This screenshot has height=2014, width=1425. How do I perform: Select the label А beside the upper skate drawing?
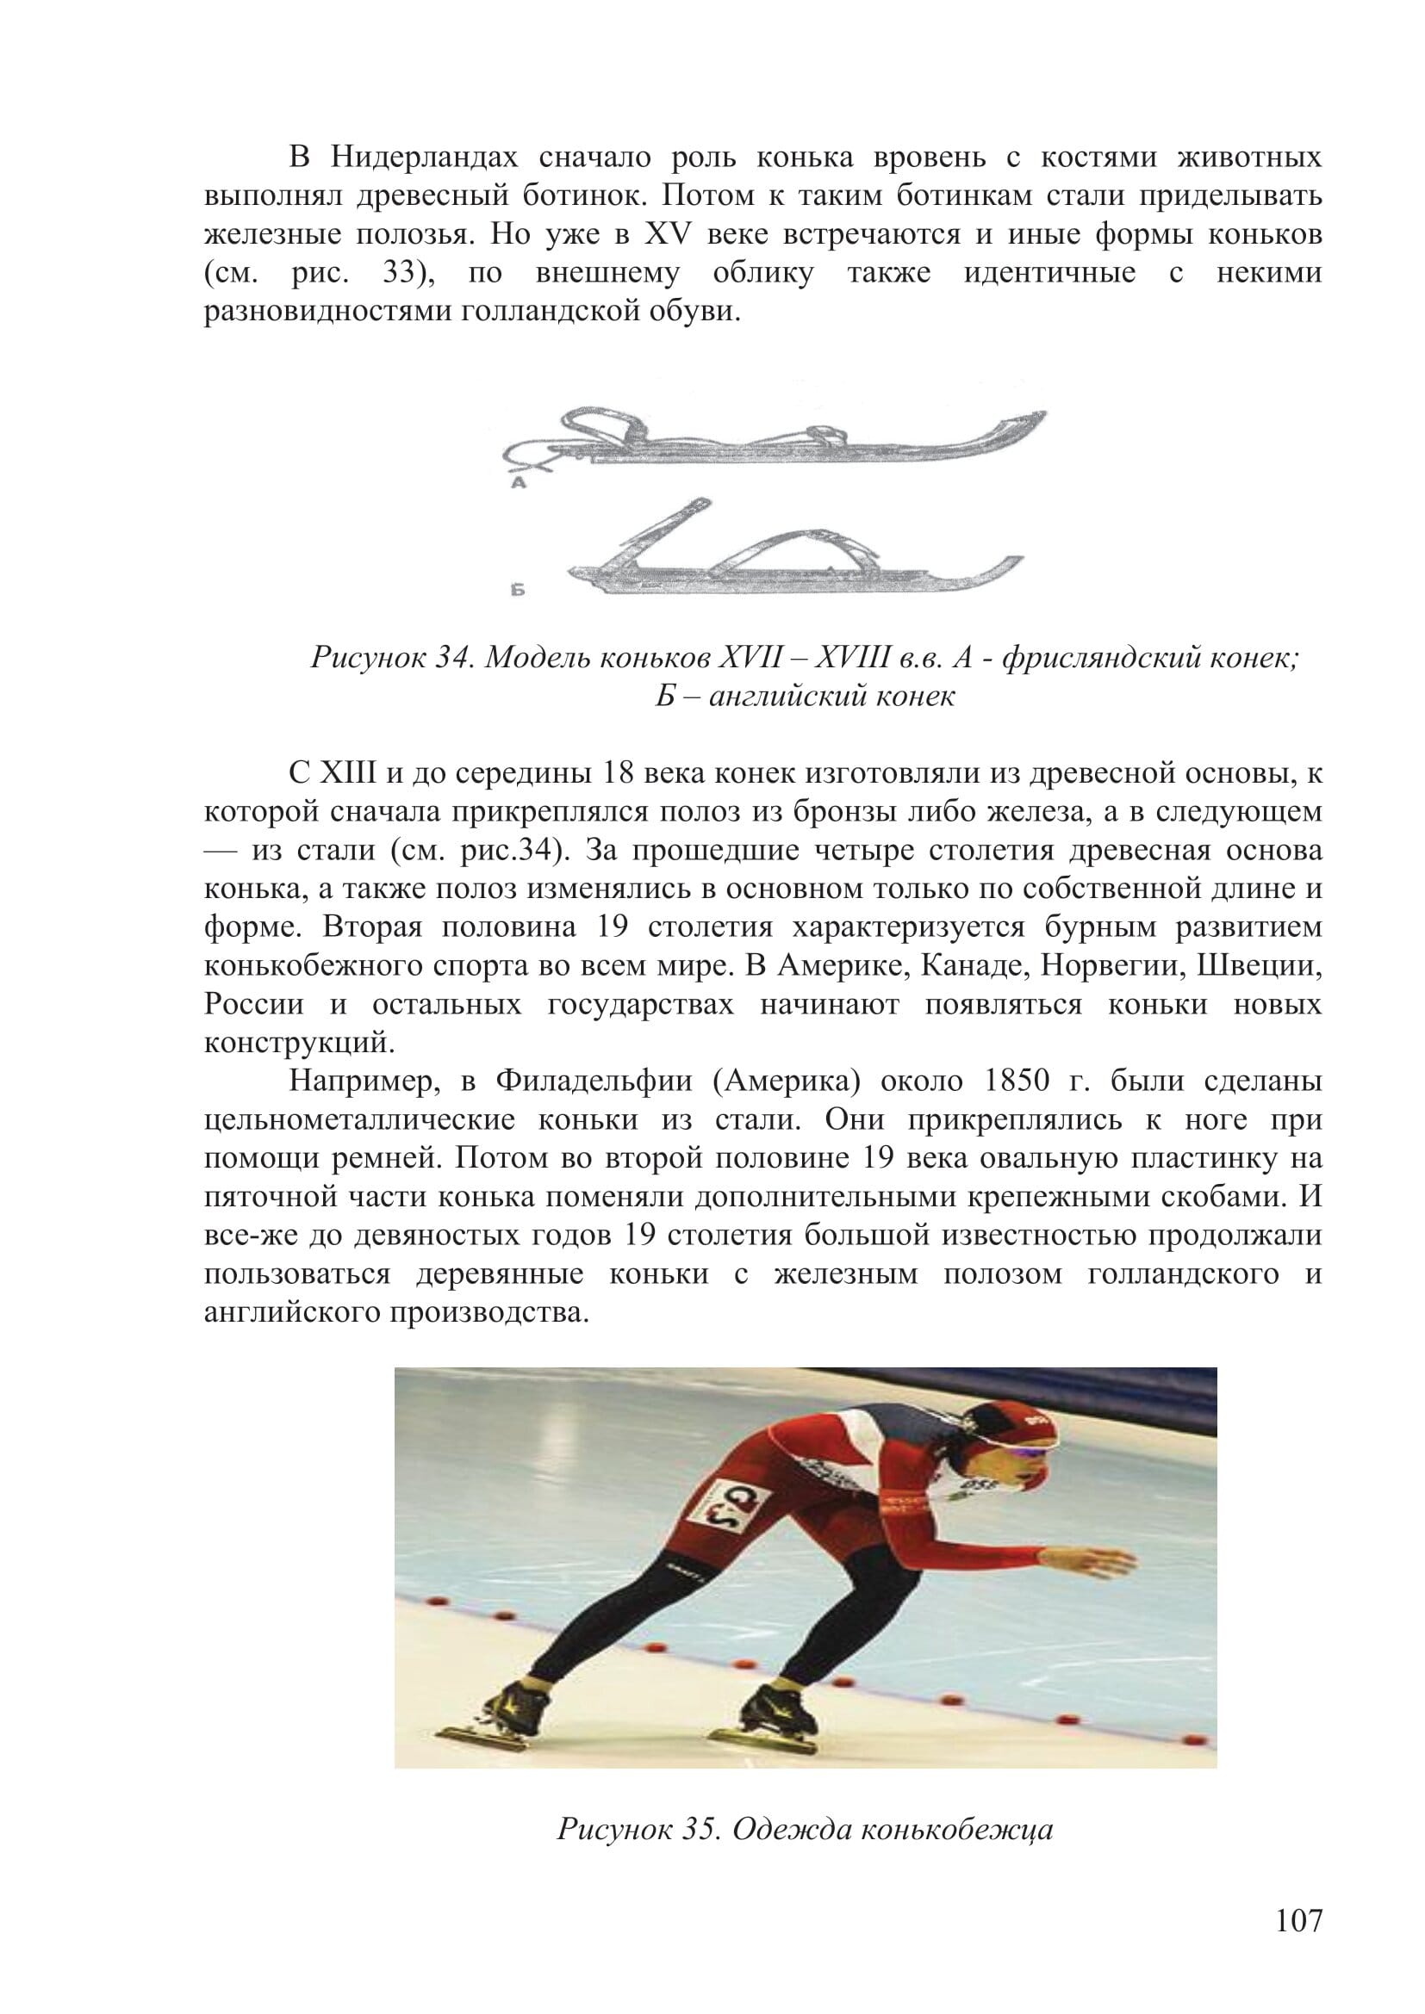click(x=519, y=482)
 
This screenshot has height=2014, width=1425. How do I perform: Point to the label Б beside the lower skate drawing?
click(x=519, y=592)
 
